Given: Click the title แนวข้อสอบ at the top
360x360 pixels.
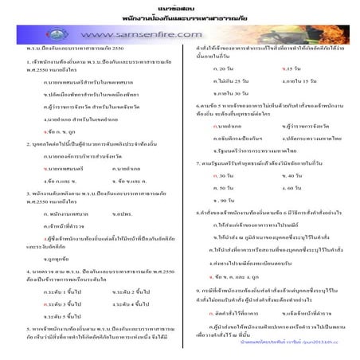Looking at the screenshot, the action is (180, 6).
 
